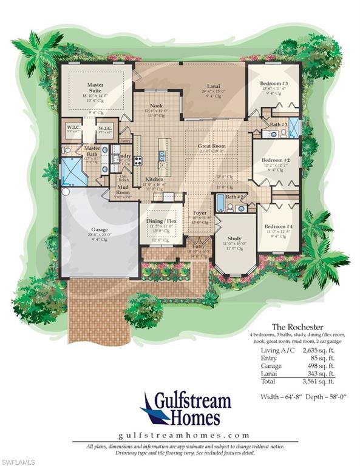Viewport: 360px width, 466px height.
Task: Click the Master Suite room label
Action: [96, 87]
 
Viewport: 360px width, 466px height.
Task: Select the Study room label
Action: [234, 238]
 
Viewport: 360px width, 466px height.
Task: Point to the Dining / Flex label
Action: [161, 221]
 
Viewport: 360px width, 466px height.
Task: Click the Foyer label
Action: [200, 213]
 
